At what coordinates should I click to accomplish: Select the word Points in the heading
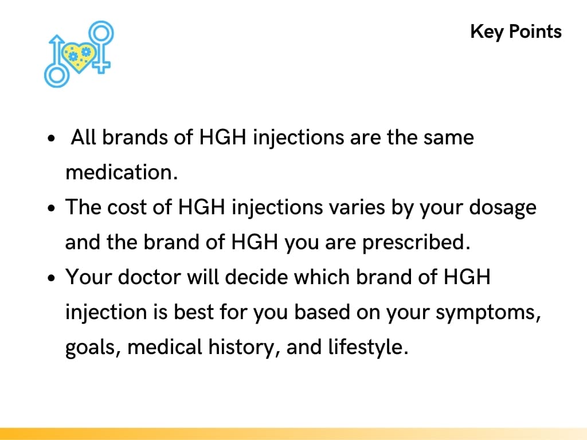[x=535, y=32]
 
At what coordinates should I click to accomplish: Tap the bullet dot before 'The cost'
[x=52, y=209]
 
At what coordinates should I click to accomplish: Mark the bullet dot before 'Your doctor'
[x=52, y=279]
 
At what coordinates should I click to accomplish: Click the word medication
[x=122, y=172]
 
